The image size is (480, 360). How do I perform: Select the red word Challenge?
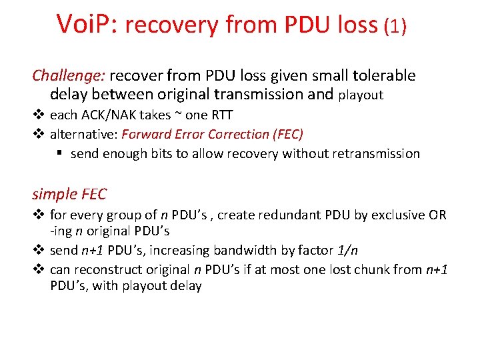pyautogui.click(x=69, y=75)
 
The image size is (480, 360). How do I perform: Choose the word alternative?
pyautogui.click(x=83, y=134)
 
